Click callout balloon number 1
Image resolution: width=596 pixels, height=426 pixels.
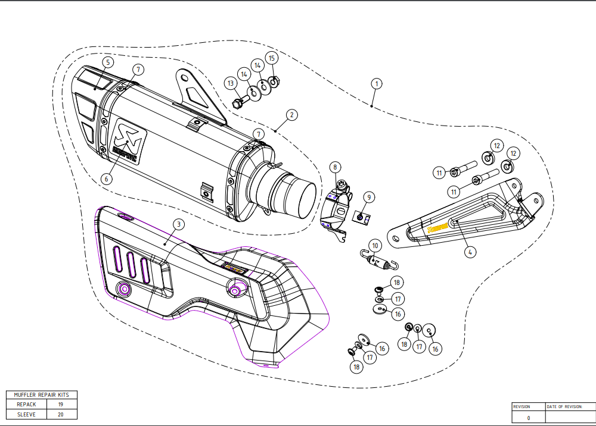(375, 83)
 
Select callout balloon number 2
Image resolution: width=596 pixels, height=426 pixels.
(291, 115)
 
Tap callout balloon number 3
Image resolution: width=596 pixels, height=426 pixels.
(178, 224)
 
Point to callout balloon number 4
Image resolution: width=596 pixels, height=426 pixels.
(470, 252)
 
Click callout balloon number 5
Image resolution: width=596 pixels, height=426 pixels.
(107, 62)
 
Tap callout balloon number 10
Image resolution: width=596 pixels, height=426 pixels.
(374, 245)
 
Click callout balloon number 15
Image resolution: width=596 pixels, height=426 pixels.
(272, 58)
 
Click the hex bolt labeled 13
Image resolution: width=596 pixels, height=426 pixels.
(238, 102)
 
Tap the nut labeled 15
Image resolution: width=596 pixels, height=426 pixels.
(274, 82)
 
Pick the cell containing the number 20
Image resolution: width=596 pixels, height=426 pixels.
(61, 414)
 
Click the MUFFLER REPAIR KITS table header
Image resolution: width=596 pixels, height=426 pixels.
(41, 394)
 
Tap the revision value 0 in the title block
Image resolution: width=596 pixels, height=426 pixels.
(528, 418)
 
